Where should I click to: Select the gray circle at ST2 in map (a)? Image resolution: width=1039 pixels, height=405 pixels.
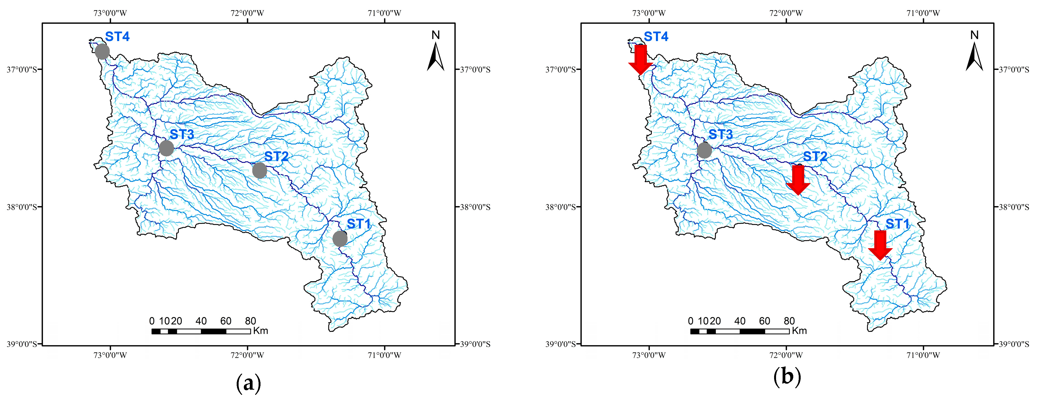260,170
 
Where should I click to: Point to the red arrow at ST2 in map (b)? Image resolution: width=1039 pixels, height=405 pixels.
798,180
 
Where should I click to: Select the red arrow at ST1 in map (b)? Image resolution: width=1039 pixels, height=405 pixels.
880,245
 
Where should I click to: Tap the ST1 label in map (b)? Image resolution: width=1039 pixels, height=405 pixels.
898,224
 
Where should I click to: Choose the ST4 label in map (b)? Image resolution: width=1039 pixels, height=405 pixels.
656,37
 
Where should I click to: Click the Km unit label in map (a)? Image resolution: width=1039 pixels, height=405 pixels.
261,331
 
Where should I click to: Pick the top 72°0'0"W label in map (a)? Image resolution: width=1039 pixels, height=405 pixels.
247,13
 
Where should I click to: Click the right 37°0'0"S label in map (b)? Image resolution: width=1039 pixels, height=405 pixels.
1014,70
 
